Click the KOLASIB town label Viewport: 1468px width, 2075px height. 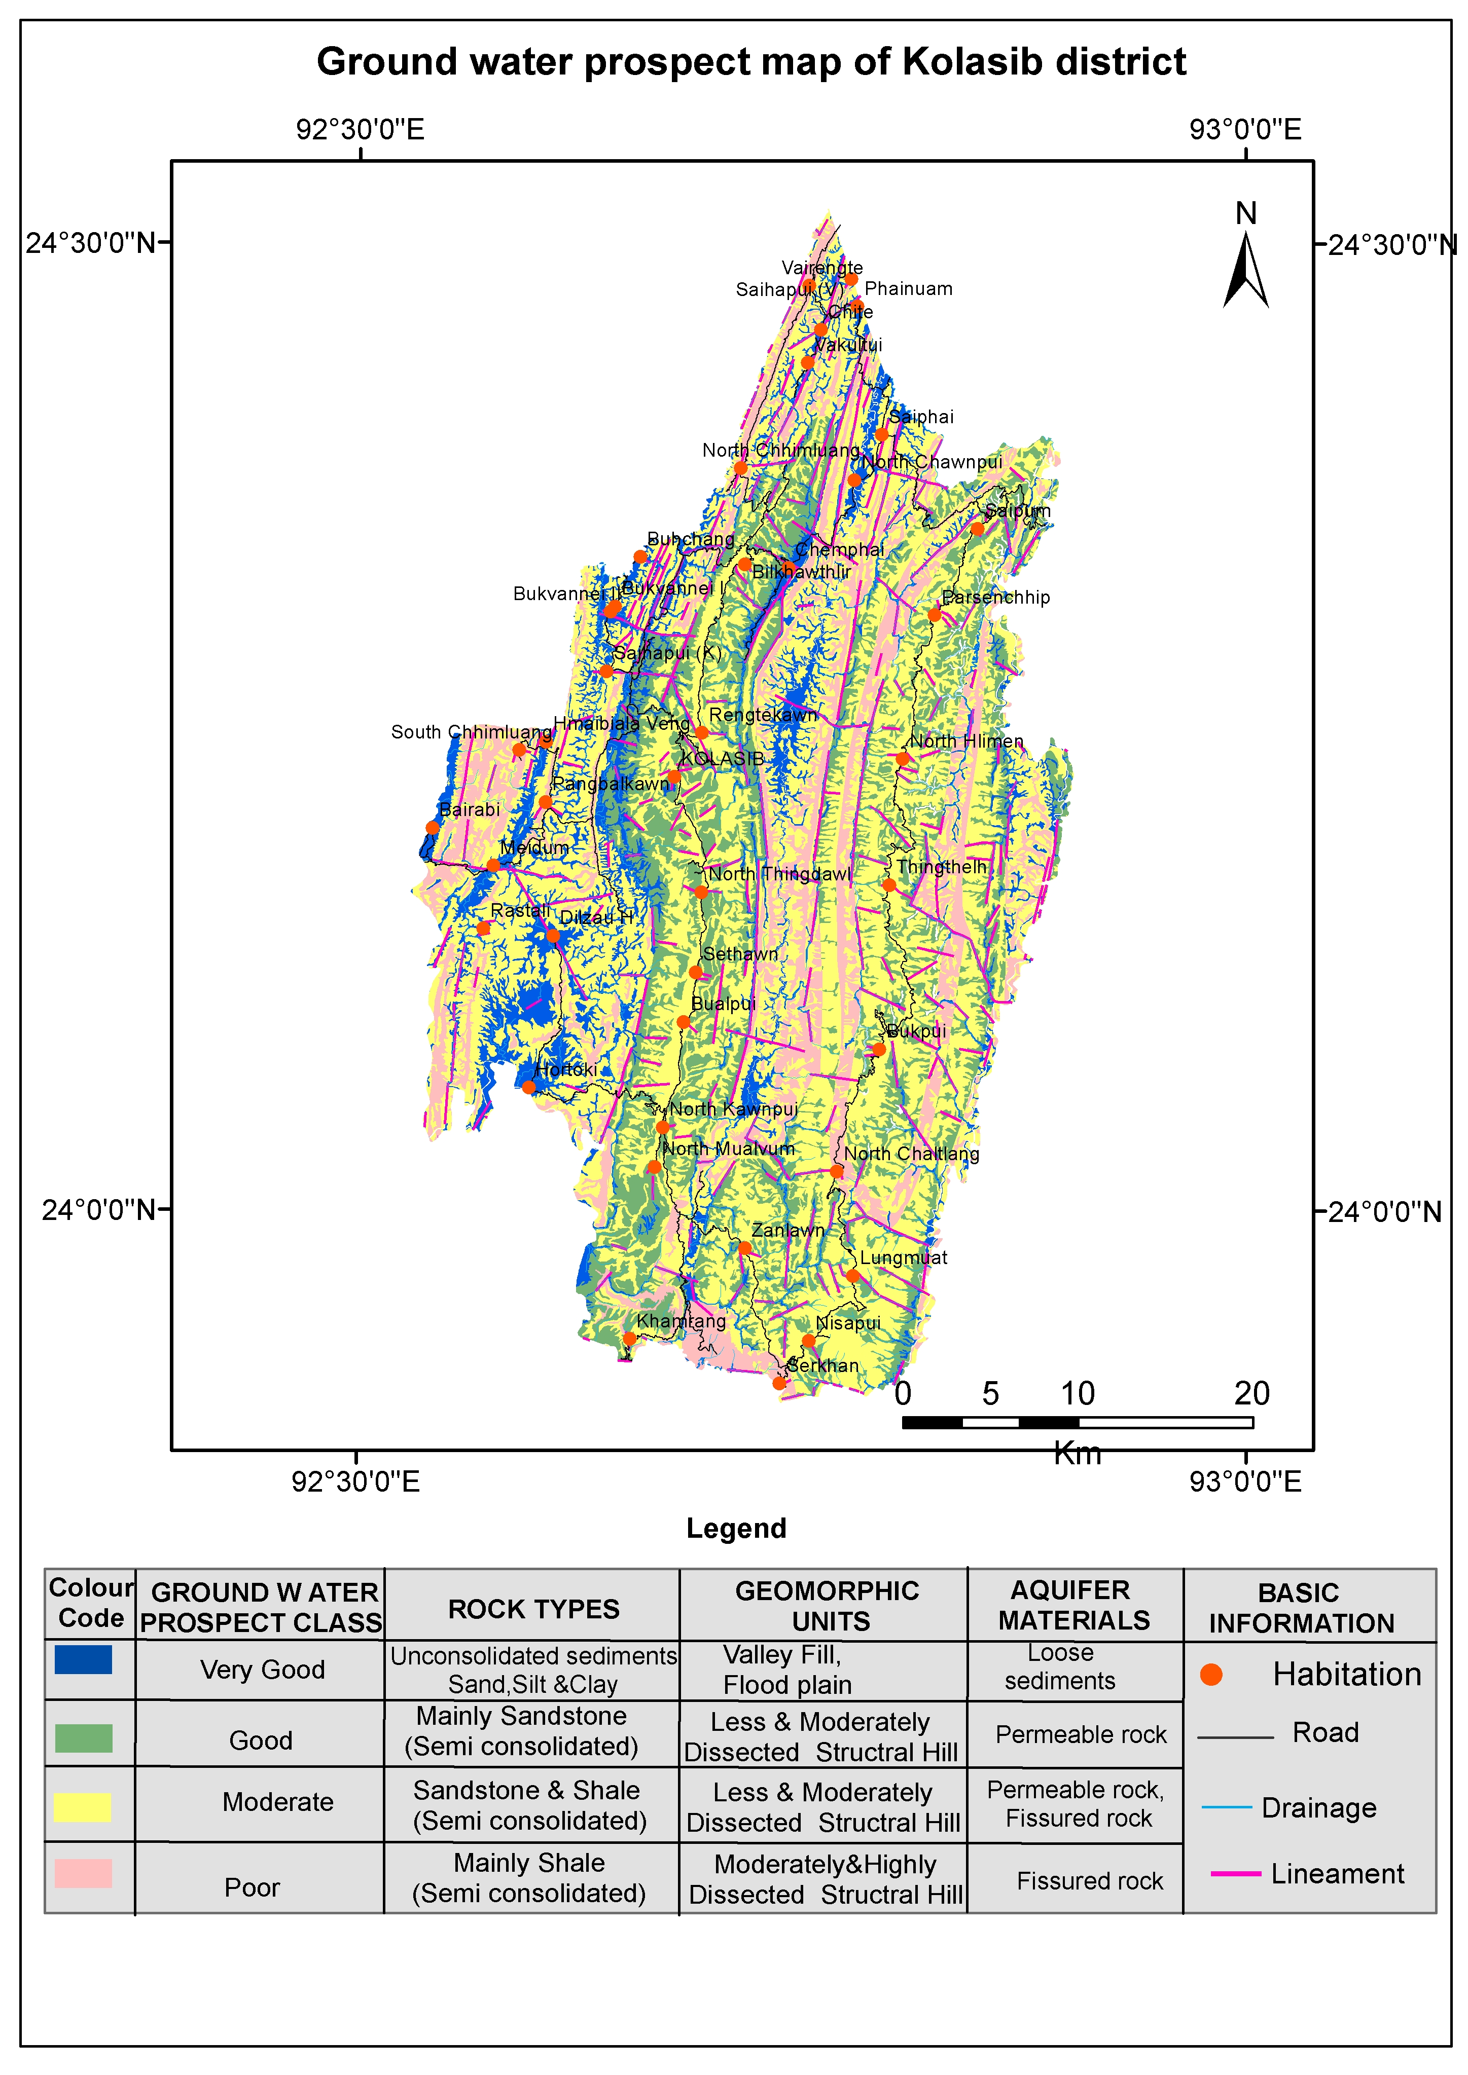click(x=722, y=758)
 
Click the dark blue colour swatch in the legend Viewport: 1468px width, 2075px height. click(x=83, y=1659)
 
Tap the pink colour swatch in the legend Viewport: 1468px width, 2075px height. click(x=83, y=1873)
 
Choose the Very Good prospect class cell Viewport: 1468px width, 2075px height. click(x=262, y=1669)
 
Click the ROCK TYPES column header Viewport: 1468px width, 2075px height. click(x=533, y=1609)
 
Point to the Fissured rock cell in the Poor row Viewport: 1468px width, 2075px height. click(x=1089, y=1881)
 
